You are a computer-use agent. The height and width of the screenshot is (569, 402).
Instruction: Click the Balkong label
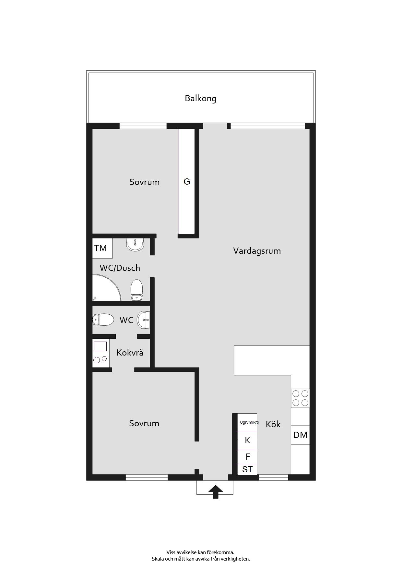[x=200, y=98]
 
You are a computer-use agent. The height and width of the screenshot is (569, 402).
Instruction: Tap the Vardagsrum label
[x=257, y=251]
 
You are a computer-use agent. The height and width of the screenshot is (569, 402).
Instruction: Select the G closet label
[x=187, y=182]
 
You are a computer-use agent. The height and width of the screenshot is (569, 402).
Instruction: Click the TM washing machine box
[x=102, y=248]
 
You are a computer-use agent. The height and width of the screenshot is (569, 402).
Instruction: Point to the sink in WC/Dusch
[x=135, y=245]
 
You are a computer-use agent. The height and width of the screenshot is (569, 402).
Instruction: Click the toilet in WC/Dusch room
[x=137, y=290]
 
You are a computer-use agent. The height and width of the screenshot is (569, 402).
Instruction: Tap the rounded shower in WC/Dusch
[x=106, y=288]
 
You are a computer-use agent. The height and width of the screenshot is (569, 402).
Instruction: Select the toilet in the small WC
[x=103, y=320]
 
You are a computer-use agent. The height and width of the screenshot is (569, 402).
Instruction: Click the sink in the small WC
[x=143, y=320]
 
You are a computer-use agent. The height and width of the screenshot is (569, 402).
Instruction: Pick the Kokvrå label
[x=130, y=353]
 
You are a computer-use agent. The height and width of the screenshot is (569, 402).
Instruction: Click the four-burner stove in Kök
[x=300, y=398]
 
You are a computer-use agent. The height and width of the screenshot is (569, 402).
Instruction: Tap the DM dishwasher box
[x=300, y=435]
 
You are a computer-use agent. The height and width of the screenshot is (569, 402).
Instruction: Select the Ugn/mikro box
[x=247, y=422]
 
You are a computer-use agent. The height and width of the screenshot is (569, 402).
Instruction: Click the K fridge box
[x=247, y=440]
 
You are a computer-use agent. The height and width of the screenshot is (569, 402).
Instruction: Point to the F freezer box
[x=247, y=457]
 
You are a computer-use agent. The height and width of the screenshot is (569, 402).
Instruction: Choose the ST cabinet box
[x=247, y=469]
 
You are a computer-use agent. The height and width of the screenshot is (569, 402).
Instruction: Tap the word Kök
[x=273, y=424]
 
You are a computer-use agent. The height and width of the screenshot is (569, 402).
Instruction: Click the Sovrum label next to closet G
[x=144, y=182]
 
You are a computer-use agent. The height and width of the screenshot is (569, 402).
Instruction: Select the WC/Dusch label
[x=120, y=268]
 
